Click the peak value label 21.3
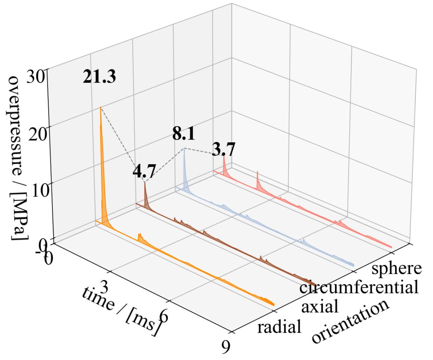coord(99,77)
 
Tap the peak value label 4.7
coord(144,172)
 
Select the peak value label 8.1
coord(184,134)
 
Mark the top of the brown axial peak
coord(144,182)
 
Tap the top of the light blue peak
coord(184,149)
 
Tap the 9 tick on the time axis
coord(225,347)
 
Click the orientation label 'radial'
coord(279,327)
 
